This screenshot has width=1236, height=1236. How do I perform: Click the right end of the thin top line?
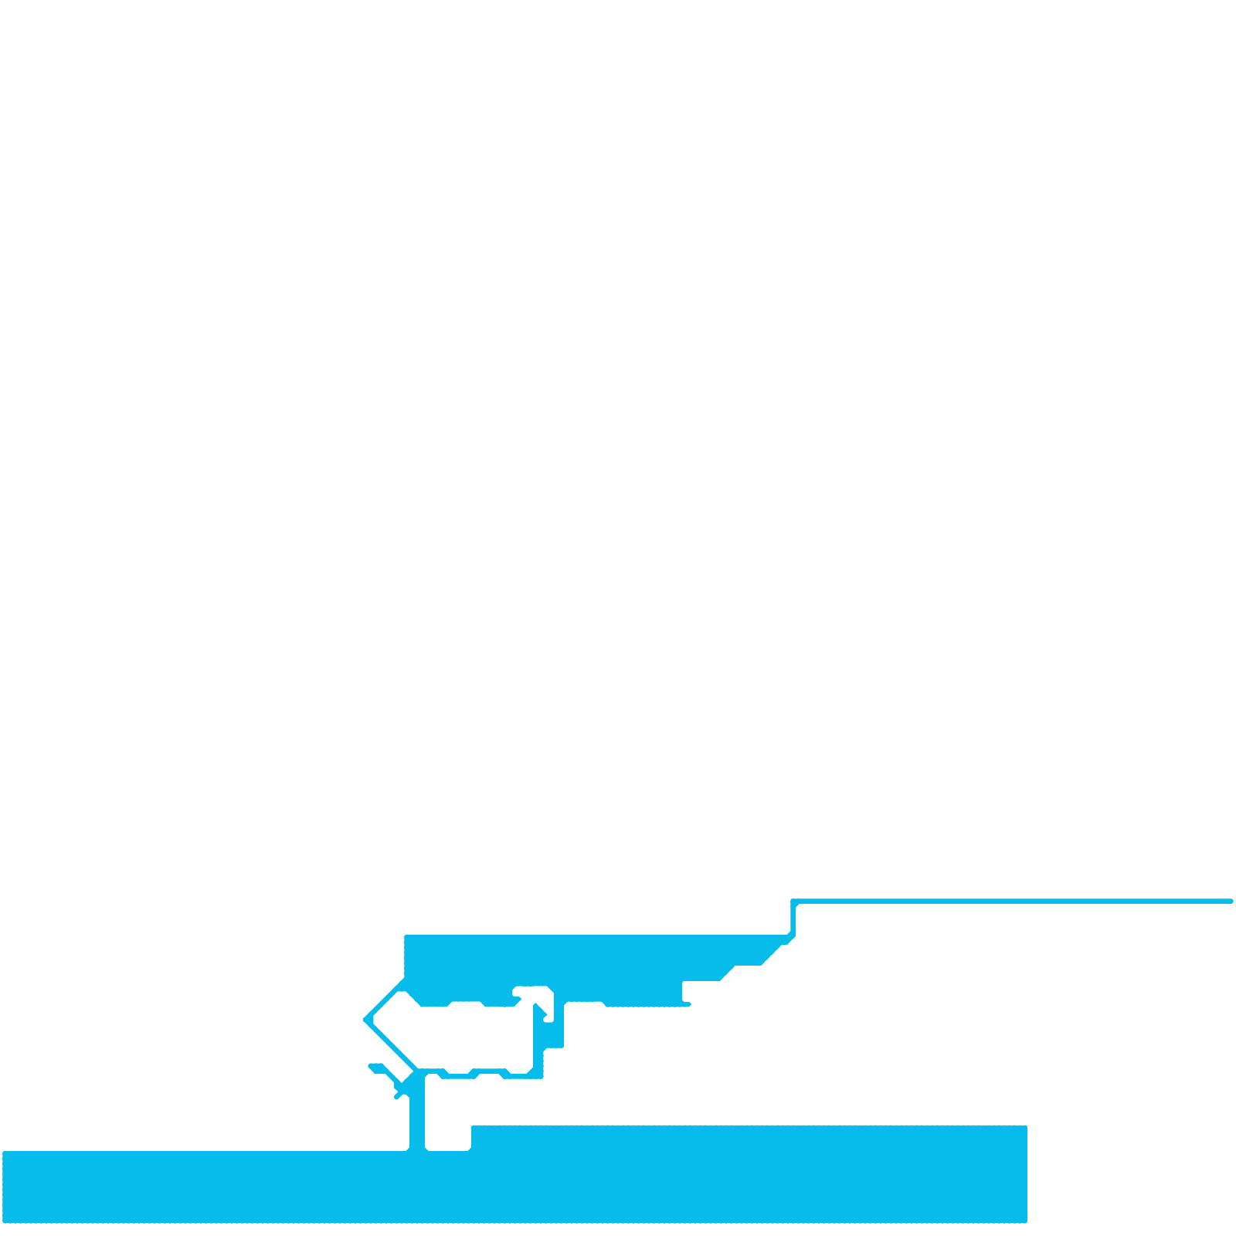pos(1231,901)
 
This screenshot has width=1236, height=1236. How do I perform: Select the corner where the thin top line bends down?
pos(793,902)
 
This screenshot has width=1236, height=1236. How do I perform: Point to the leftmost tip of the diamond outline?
pos(365,1020)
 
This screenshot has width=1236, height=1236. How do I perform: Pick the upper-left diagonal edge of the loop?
pos(385,1000)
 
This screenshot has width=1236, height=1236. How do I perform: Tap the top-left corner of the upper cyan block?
pos(406,937)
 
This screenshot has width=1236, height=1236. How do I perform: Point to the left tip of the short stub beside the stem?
pos(371,1067)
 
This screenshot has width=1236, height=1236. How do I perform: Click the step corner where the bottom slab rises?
pos(472,1128)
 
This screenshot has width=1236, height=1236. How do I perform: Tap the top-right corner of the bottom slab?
pos(1025,1128)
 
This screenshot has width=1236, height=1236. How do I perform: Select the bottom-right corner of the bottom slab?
pos(1025,1221)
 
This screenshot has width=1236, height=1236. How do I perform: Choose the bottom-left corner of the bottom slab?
pos(5,1221)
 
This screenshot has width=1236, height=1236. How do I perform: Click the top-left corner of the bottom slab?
pos(5,1153)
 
